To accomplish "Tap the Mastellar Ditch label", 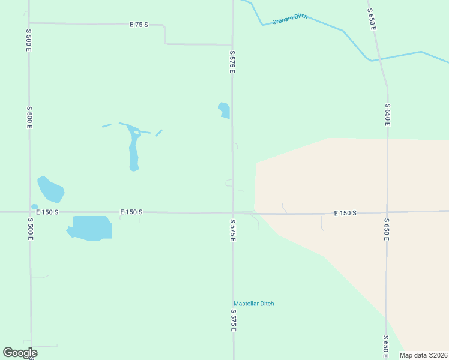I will point(253,304).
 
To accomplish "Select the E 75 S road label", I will point(138,25).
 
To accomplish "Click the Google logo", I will point(20,353).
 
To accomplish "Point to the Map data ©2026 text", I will point(423,355).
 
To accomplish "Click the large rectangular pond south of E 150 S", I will point(91,228).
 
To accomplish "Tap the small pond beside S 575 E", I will point(224,110).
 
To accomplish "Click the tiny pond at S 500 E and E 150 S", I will point(34,207).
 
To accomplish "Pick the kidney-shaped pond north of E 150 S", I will point(50,189).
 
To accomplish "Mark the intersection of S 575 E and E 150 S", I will point(233,212).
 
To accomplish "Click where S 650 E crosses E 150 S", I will point(387,212).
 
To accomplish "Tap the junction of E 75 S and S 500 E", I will point(29,23).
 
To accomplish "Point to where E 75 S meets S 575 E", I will point(232,44).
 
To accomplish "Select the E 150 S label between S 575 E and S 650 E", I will point(345,213).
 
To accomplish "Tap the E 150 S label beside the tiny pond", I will point(47,212).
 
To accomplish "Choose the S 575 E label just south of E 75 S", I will point(232,62).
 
